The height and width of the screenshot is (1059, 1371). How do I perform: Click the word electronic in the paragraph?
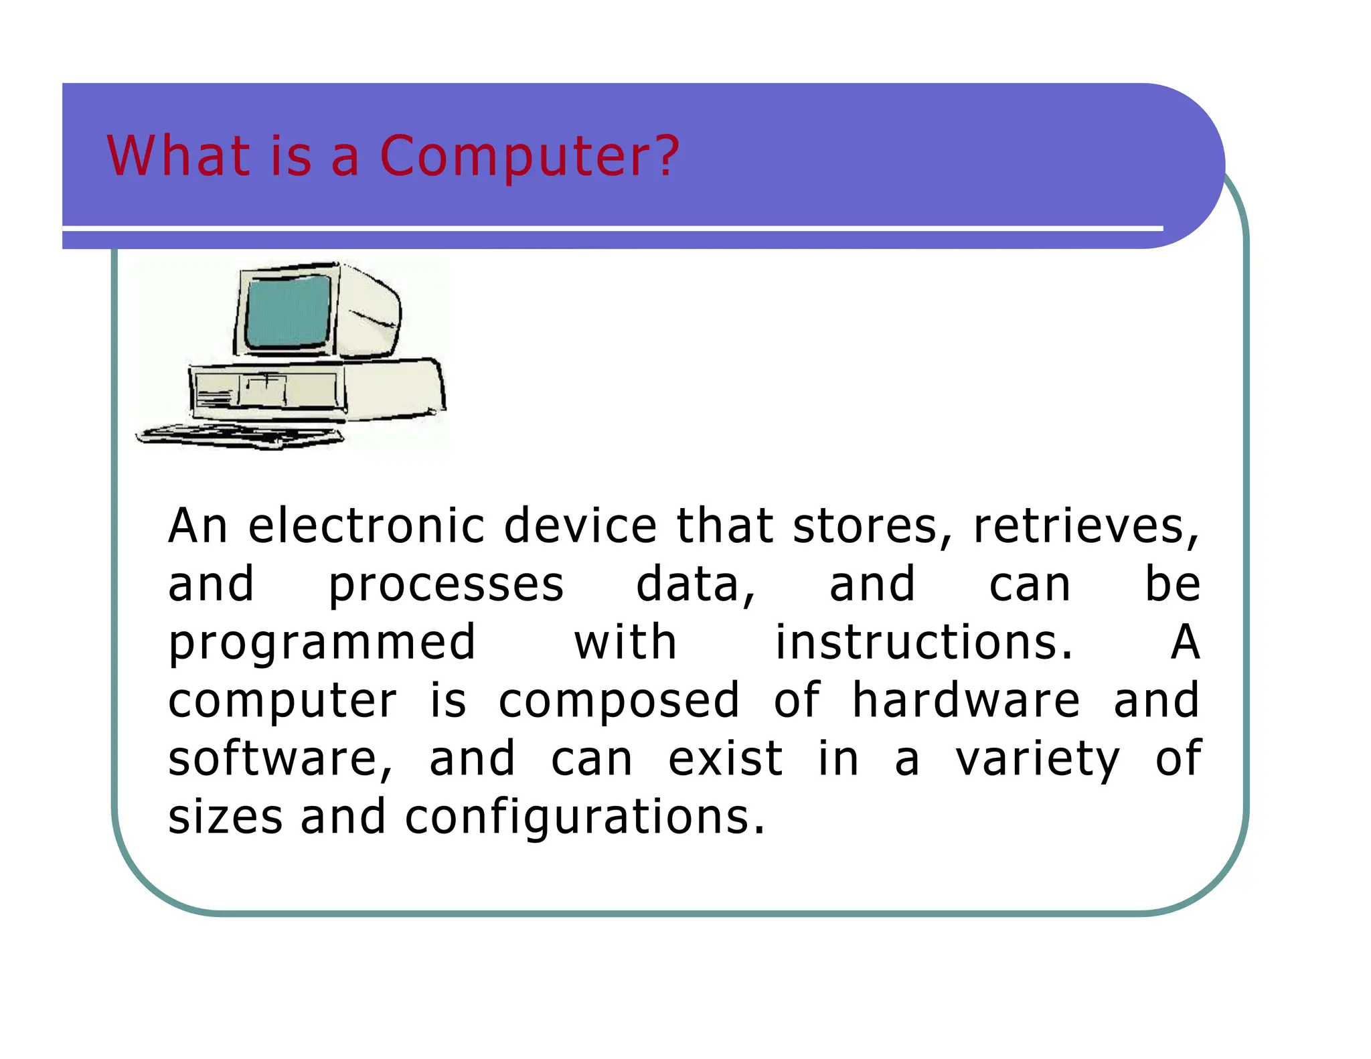[366, 526]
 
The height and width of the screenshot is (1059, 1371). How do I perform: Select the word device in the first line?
[580, 526]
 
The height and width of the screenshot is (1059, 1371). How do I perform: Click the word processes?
[446, 586]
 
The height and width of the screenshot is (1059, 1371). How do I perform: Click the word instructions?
[924, 643]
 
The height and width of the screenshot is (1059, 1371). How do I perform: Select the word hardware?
[965, 700]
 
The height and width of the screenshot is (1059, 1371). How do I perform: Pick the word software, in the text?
[280, 759]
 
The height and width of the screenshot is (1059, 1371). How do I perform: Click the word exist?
[725, 759]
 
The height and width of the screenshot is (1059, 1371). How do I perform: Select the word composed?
[619, 702]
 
